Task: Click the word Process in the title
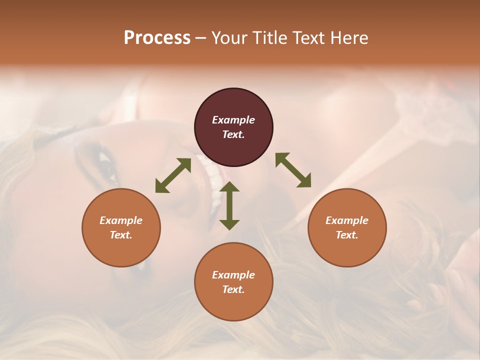(157, 38)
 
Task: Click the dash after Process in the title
(200, 38)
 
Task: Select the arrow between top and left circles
(173, 175)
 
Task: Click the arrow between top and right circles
(293, 170)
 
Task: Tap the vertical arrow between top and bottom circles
(229, 205)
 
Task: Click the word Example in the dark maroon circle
(233, 120)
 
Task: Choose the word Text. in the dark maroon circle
(233, 134)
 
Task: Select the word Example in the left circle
(121, 220)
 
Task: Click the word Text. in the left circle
(121, 235)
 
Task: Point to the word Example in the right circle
(347, 220)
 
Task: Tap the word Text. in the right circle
(347, 235)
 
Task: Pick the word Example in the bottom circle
(233, 275)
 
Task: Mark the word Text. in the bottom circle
(233, 289)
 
